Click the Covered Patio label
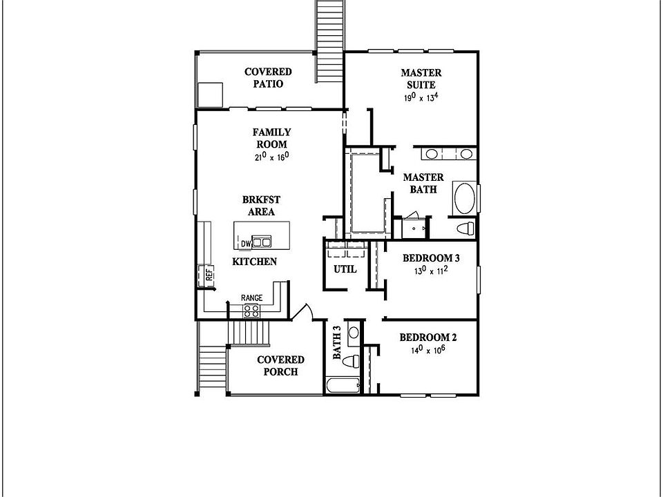point(268,77)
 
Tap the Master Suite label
point(421,79)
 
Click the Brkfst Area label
point(258,206)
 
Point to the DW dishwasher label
point(246,244)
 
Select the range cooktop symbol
point(251,310)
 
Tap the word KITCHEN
point(254,262)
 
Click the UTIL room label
point(345,269)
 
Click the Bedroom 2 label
point(428,338)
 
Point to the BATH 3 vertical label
point(337,343)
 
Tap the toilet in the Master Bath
point(465,228)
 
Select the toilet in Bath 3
point(352,360)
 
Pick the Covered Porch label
point(280,365)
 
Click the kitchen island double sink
point(261,242)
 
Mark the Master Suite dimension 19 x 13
point(421,98)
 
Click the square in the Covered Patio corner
point(210,93)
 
